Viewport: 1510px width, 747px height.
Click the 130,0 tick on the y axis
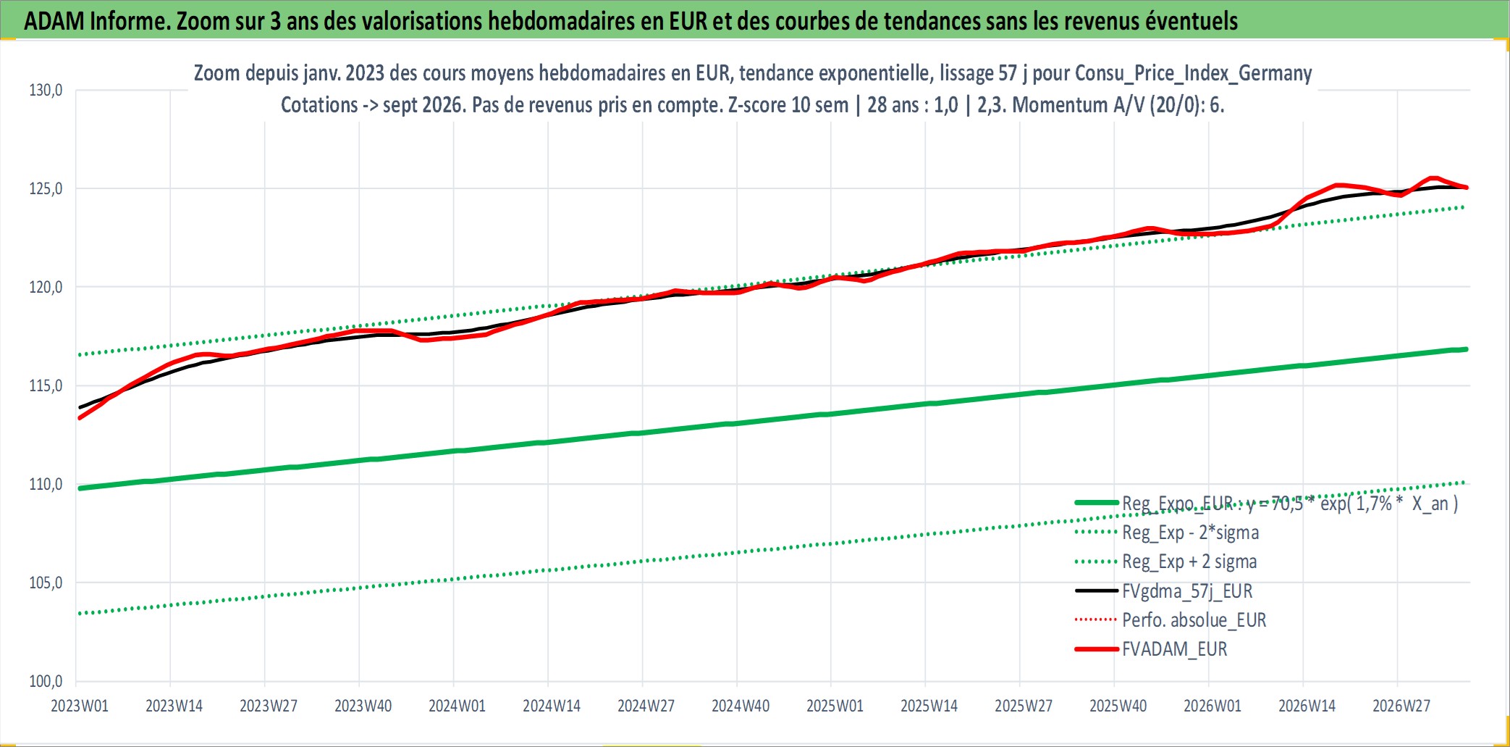tap(46, 91)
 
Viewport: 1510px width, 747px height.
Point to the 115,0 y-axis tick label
tap(46, 385)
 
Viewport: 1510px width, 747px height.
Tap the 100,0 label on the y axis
tap(46, 681)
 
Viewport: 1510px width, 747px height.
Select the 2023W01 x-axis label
tap(80, 706)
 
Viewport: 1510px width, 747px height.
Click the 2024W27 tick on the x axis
tap(646, 706)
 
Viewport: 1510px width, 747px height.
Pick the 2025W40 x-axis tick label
tap(1118, 706)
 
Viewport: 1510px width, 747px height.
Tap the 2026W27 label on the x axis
tap(1401, 706)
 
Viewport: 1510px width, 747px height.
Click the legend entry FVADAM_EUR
tap(1175, 649)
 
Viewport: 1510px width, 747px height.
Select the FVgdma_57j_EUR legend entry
tap(1187, 591)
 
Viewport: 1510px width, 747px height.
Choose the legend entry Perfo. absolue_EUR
tap(1194, 620)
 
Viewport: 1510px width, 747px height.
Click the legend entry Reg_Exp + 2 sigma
tap(1189, 562)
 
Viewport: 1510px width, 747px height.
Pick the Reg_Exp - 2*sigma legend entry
tap(1191, 533)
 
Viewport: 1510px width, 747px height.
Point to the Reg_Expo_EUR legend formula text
tap(1290, 504)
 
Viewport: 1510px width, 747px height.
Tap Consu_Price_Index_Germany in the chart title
tap(1194, 73)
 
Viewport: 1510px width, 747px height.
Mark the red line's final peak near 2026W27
tap(1433, 178)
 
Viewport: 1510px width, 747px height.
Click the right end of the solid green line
tap(1466, 349)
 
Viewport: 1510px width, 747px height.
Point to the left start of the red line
tap(80, 418)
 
